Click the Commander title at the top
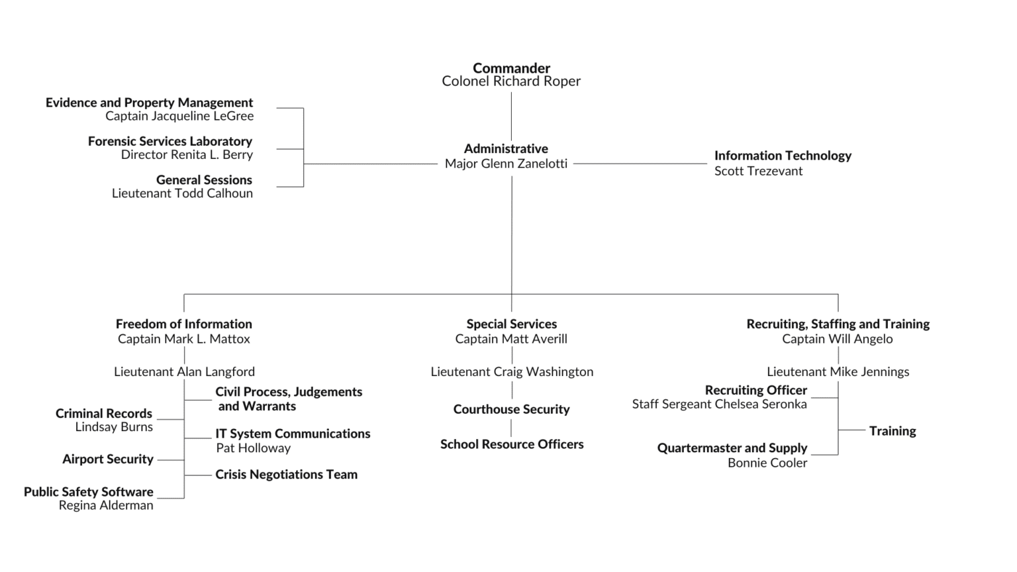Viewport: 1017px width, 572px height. tap(511, 68)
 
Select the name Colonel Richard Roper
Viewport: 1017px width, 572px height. tap(511, 81)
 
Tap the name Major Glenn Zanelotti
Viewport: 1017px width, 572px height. tap(506, 164)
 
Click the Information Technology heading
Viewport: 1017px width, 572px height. tap(783, 156)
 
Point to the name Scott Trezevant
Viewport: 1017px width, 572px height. tap(758, 171)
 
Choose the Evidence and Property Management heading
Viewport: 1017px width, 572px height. tap(149, 103)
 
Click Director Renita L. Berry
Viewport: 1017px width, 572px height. tap(187, 155)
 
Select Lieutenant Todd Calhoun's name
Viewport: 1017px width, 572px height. tap(182, 193)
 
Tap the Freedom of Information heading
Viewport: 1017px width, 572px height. tap(184, 324)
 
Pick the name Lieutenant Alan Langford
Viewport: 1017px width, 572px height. tap(184, 372)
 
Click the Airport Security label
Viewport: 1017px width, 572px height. tap(108, 459)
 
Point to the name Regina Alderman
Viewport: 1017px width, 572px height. tap(106, 505)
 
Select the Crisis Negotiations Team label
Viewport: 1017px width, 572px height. tap(286, 475)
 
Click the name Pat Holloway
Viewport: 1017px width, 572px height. tap(253, 448)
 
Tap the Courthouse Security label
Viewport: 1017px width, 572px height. tap(511, 409)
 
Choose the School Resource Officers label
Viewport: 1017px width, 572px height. tap(512, 444)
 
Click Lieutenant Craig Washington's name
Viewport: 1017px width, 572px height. tap(512, 372)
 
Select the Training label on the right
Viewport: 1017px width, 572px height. tap(893, 431)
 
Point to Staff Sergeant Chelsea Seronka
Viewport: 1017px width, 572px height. tap(719, 404)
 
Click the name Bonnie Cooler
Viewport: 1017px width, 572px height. tap(767, 463)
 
